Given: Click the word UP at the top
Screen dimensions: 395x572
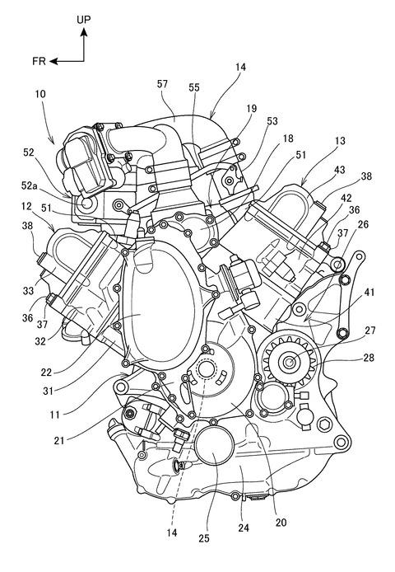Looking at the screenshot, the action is pos(83,20).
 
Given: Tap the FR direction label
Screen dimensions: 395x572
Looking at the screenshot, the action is pos(39,61).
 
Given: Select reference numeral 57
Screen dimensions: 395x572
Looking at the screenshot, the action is pos(162,84).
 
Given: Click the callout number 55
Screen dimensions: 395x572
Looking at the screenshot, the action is pos(194,87).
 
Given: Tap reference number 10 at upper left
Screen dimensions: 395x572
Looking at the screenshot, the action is pos(40,94).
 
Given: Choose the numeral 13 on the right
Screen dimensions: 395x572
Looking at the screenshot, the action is pos(339,140).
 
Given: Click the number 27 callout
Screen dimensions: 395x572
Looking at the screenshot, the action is pos(369,331).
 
